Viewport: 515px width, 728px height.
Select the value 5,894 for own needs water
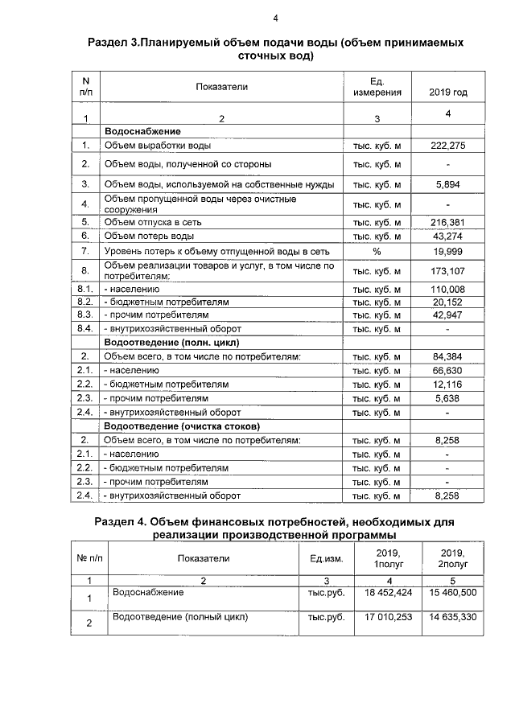[x=447, y=184]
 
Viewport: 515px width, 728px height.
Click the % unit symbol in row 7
[x=377, y=252]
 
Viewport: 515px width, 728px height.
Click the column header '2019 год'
[x=447, y=93]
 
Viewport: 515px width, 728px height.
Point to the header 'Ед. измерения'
[x=377, y=87]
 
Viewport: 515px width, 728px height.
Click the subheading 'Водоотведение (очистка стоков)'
[x=181, y=425]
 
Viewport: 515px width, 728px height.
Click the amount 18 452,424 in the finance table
[x=388, y=592]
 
